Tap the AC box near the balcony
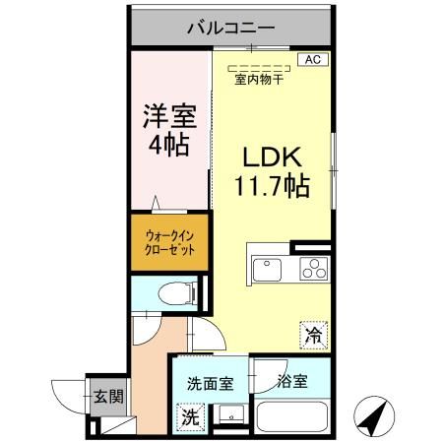tap(313, 60)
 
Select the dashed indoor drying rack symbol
tap(257, 68)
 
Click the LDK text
tap(272, 157)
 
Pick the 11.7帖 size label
tap(272, 184)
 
